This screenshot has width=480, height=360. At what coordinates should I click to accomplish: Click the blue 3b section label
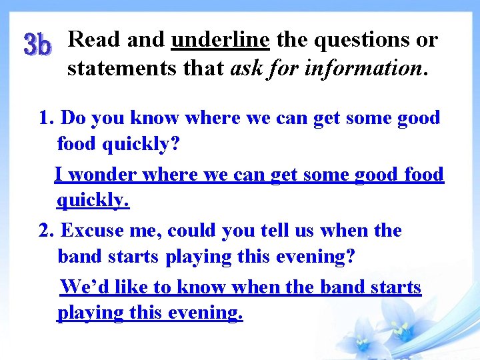pyautogui.click(x=37, y=45)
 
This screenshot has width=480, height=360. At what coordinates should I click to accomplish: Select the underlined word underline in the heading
pyautogui.click(x=220, y=40)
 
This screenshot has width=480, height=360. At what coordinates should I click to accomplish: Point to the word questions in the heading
pyautogui.click(x=363, y=40)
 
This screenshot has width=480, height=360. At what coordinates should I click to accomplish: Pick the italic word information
pyautogui.click(x=361, y=67)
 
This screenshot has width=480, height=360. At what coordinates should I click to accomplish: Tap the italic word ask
pyautogui.click(x=245, y=67)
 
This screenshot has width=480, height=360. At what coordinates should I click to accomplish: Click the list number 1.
pyautogui.click(x=45, y=118)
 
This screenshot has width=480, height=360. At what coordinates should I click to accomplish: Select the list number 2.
pyautogui.click(x=45, y=231)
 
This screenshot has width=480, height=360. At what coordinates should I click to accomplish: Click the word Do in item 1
pyautogui.click(x=73, y=118)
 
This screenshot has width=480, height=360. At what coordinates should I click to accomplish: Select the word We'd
pyautogui.click(x=85, y=287)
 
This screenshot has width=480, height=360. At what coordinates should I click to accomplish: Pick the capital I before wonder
pyautogui.click(x=59, y=175)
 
